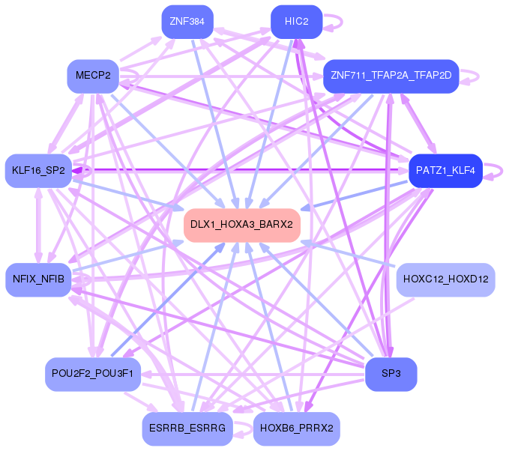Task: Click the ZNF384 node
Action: coord(187,22)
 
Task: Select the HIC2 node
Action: coord(297,22)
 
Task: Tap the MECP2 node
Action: coord(93,76)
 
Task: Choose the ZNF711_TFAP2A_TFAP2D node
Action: coord(391,76)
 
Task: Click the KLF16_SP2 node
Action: coord(38,171)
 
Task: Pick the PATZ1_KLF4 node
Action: coord(445,171)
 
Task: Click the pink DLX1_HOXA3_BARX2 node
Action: coord(241,225)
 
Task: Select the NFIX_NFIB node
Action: coord(38,279)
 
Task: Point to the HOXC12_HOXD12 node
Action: coord(445,279)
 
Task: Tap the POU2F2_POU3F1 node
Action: coord(93,375)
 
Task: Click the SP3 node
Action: coord(391,375)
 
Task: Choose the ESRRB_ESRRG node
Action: coord(187,429)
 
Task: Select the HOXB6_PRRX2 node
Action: coord(297,429)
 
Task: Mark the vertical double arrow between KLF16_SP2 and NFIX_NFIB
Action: coord(39,225)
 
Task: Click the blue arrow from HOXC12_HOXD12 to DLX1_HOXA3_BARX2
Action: coord(348,253)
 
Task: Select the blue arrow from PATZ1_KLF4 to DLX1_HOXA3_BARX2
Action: coord(355,196)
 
